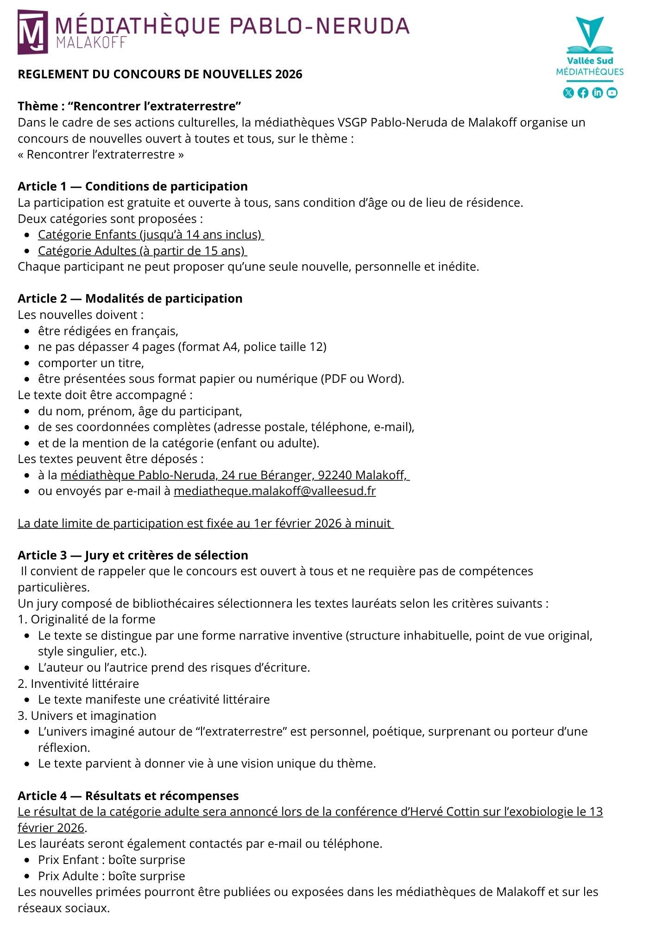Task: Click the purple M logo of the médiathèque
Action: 32,32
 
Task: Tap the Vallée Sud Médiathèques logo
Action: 590,46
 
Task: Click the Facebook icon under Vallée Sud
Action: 583,93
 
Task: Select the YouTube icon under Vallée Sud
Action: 612,93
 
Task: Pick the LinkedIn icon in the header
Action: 598,93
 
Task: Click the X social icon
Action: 568,93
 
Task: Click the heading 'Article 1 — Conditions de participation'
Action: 132,186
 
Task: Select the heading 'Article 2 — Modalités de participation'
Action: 130,298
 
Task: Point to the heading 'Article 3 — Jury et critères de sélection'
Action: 132,555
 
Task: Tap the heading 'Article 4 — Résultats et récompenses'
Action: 128,796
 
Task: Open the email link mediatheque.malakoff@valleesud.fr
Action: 275,491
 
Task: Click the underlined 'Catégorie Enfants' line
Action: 150,235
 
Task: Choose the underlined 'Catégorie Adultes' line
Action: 142,251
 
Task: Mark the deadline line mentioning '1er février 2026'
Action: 205,523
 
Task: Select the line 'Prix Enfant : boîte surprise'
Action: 111,860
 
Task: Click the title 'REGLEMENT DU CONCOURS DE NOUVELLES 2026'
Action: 160,74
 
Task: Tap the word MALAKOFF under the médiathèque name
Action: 91,42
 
